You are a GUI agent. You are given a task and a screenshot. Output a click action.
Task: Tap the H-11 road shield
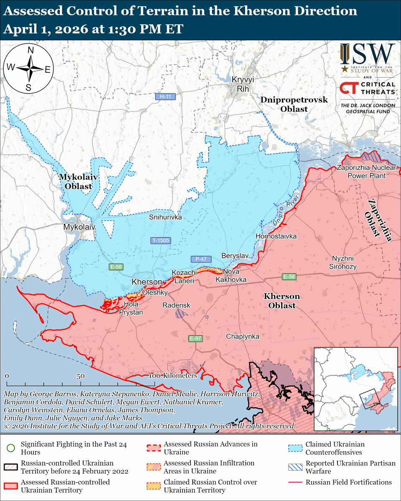(x=166, y=97)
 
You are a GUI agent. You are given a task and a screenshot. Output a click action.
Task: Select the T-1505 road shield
(x=161, y=240)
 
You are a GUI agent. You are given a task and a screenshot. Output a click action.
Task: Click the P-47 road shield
(x=200, y=259)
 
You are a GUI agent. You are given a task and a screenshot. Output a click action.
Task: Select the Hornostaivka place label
(x=276, y=236)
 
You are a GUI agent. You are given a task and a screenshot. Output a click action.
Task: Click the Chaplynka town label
(x=243, y=337)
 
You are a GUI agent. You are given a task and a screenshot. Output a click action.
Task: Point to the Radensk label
(x=176, y=305)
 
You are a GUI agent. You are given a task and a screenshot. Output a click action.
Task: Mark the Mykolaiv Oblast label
(x=75, y=182)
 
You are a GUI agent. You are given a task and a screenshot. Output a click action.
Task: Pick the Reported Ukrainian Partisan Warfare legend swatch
(x=296, y=467)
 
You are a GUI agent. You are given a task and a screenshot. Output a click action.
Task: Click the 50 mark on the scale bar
(x=81, y=376)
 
